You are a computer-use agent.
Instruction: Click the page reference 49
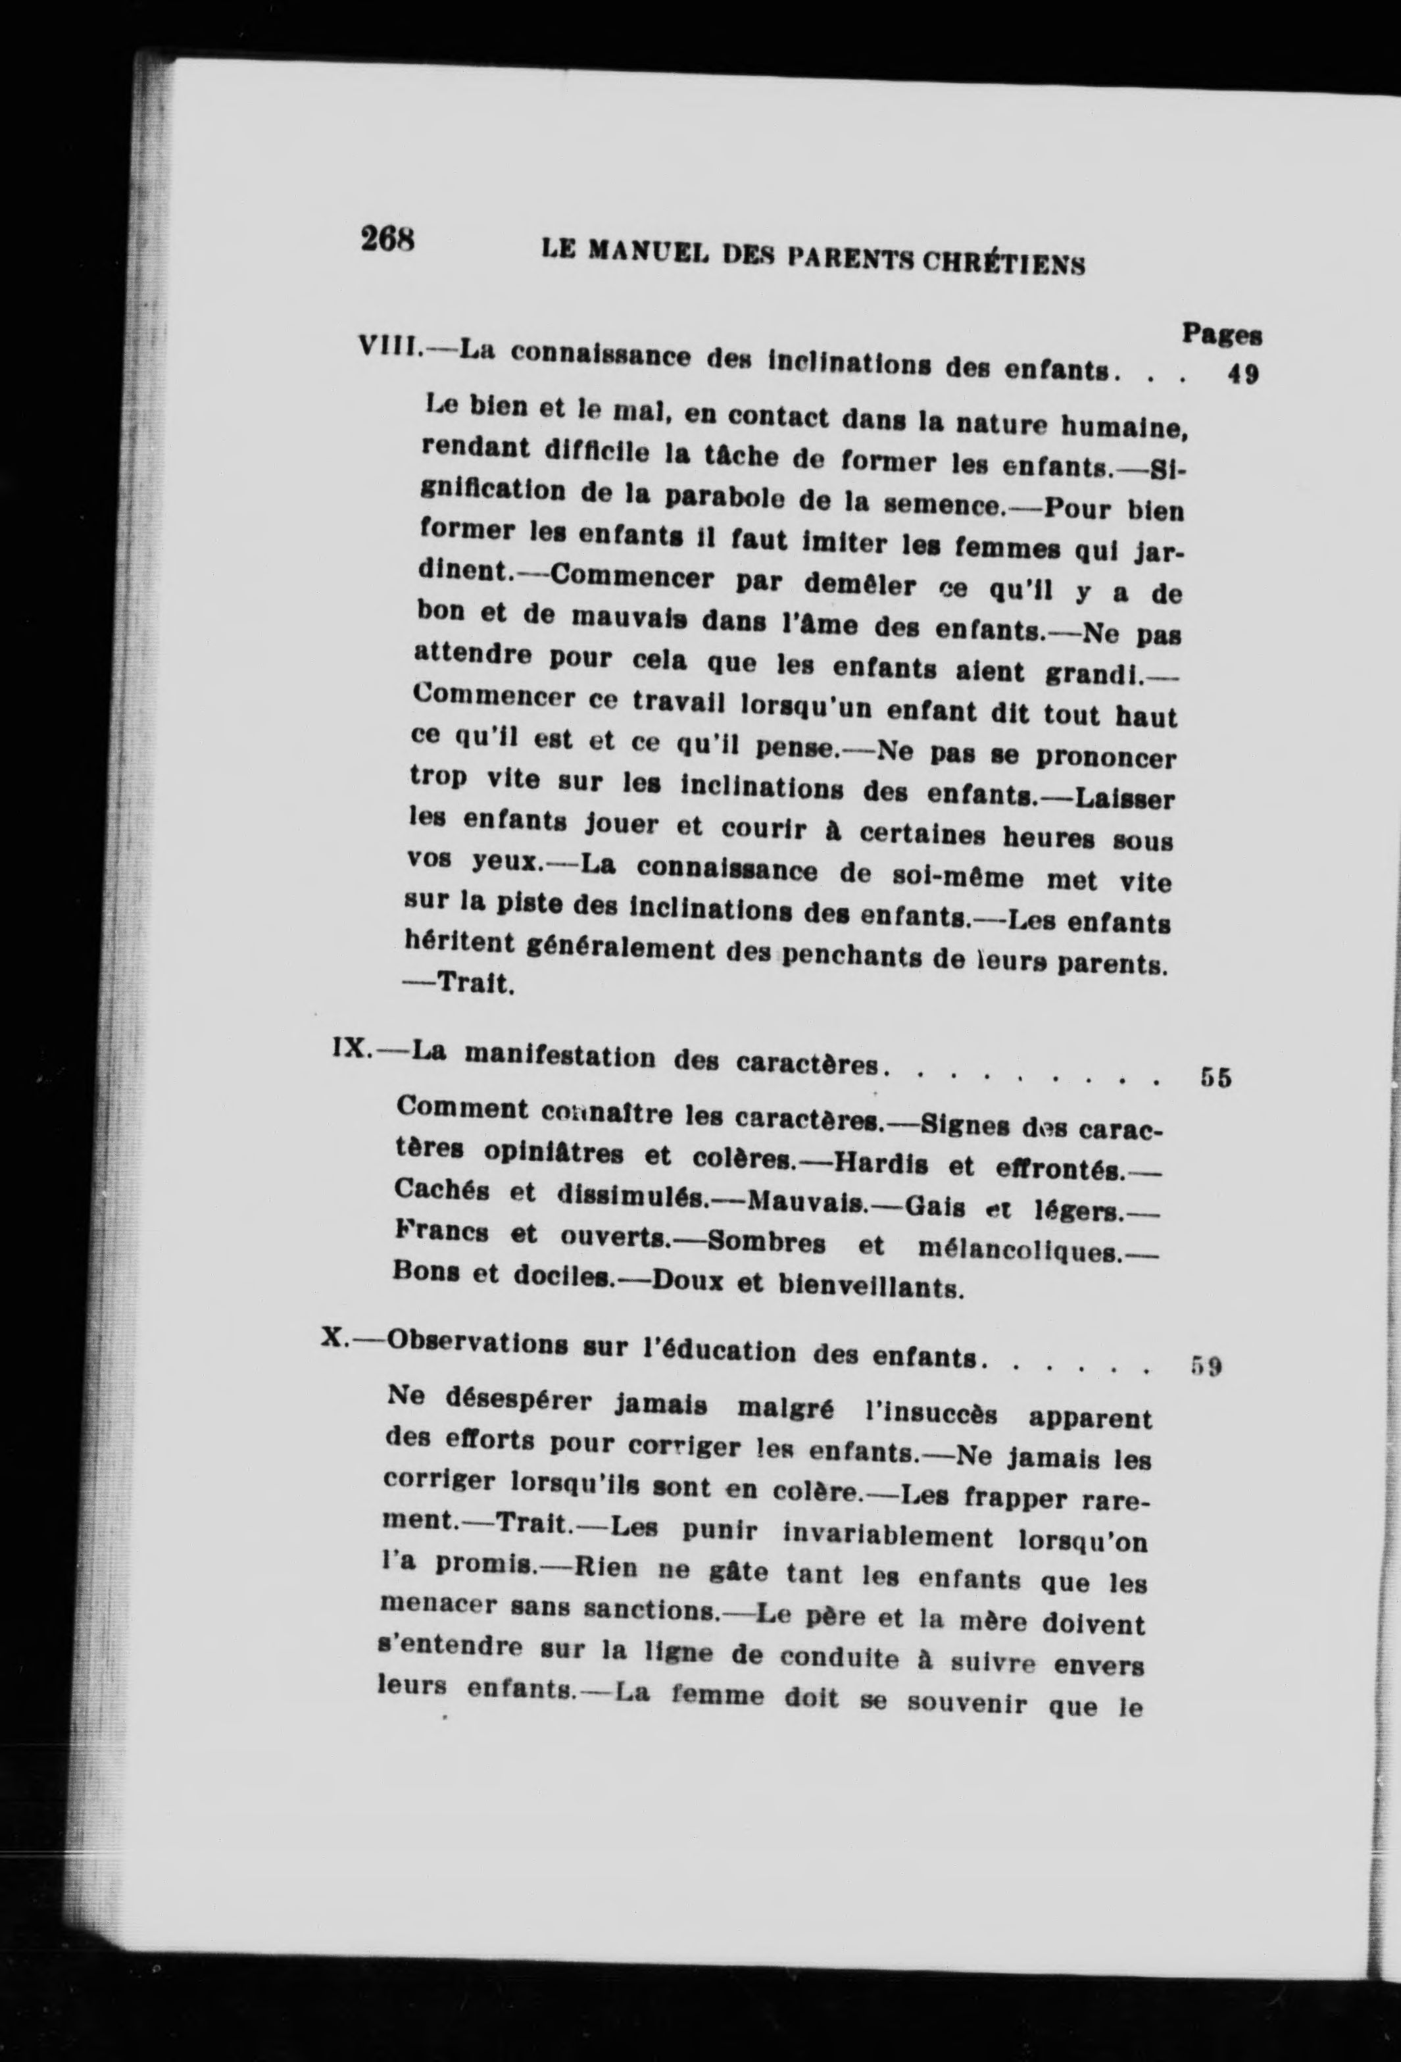tap(1242, 374)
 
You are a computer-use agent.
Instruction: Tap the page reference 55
tap(1216, 1078)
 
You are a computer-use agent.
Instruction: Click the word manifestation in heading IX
tap(564, 1056)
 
